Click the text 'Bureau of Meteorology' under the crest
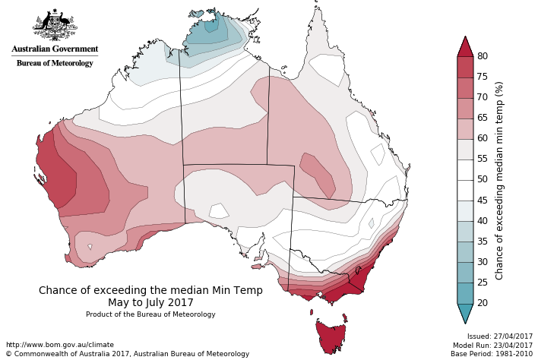55,63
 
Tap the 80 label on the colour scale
482,56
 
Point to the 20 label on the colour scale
482,303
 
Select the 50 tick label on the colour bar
482,180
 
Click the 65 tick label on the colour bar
482,118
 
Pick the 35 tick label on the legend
482,242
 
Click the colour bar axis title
499,180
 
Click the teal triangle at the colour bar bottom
465,312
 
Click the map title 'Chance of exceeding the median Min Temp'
150,290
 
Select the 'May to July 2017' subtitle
150,302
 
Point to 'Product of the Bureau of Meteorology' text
150,314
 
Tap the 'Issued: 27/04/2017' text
500,336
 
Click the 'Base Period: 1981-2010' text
492,354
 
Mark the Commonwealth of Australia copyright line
127,354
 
